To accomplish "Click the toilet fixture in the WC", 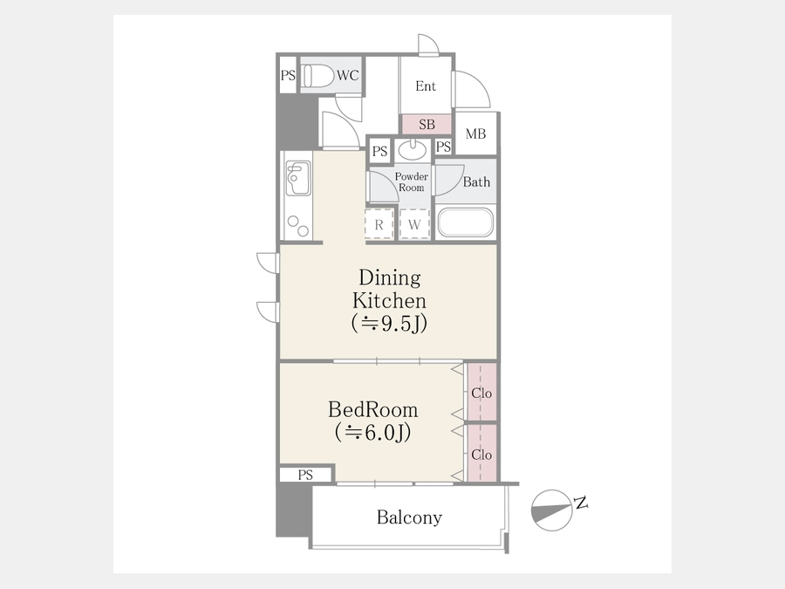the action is point(318,76).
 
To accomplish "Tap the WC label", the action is point(347,76).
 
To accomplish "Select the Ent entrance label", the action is point(426,86).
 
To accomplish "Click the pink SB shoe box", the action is point(427,124).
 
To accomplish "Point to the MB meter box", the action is point(475,134).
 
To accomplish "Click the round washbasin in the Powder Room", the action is point(413,150).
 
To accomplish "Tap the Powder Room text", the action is point(412,181).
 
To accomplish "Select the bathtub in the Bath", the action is point(466,223).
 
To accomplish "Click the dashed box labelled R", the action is point(379,225).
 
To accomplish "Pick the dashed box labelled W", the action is point(414,225).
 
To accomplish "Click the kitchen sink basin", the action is point(298,179).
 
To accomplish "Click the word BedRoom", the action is point(373,410).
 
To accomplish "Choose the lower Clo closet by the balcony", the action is point(481,453).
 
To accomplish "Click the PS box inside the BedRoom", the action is point(305,475).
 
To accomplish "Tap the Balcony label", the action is point(409,517).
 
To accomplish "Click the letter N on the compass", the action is point(581,503).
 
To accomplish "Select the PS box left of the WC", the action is point(288,75).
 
